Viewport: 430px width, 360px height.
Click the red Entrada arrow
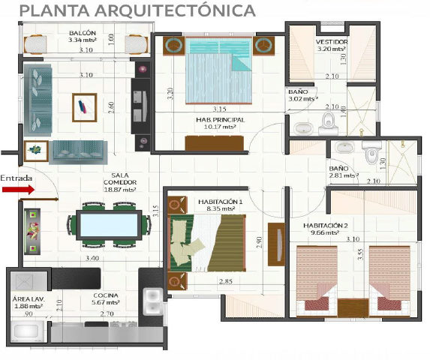click(17, 190)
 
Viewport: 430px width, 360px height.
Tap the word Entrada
click(17, 178)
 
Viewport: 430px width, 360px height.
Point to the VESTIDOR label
click(330, 42)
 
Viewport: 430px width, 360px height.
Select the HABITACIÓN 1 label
click(221, 202)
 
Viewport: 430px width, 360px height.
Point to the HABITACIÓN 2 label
click(326, 225)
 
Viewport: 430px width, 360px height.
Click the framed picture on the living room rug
click(84, 106)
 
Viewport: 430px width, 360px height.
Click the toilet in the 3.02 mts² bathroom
click(328, 122)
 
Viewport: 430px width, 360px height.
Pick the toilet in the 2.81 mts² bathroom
click(370, 152)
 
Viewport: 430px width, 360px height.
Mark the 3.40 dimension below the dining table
click(92, 258)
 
